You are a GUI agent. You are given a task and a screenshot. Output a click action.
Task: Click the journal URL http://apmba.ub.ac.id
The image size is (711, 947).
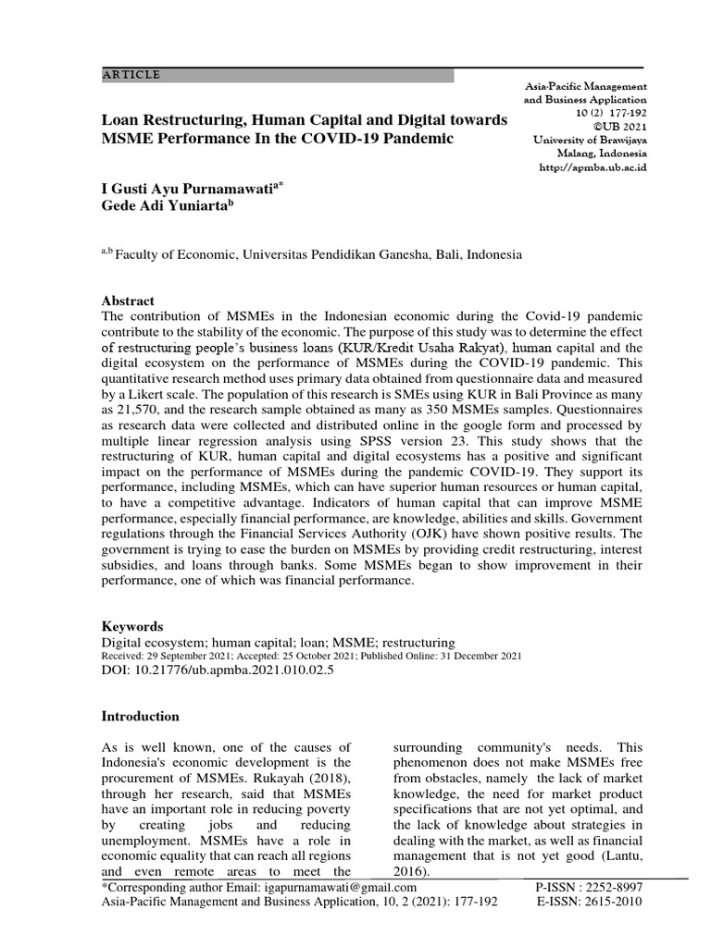pyautogui.click(x=592, y=167)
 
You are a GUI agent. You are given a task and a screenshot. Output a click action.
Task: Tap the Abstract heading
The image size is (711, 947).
pyautogui.click(x=129, y=301)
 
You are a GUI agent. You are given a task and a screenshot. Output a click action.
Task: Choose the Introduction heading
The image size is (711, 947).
pyautogui.click(x=139, y=717)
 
